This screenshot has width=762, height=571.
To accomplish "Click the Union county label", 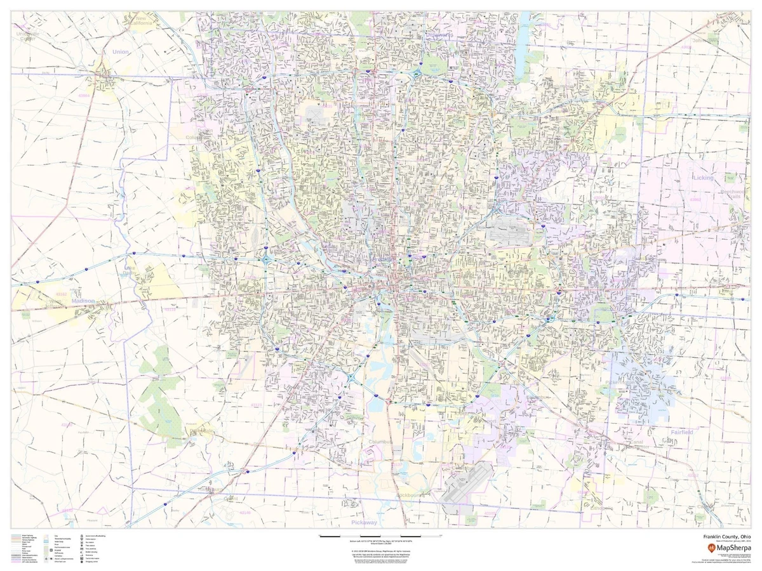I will coord(119,51).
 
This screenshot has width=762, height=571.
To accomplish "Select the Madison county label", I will coord(83,301).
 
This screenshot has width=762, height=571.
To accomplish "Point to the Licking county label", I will coord(703,178).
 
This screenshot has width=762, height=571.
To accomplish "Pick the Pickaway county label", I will coord(364,522).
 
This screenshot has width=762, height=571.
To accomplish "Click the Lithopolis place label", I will coord(602,508).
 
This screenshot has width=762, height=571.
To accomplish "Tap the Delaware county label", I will coord(438,35).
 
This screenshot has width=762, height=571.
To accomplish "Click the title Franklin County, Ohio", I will coord(721,536).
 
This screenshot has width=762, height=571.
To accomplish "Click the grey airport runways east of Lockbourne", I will coord(467,484).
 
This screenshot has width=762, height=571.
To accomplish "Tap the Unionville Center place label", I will coord(28,36).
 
